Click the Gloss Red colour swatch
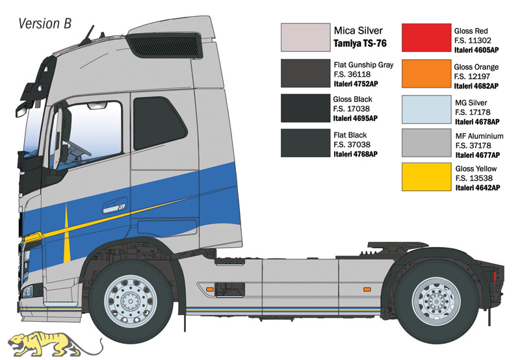pos(426,38)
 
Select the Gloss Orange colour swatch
pos(426,74)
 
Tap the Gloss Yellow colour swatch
pos(426,177)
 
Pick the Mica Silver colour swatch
pos(305,38)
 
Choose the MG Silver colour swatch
pos(426,110)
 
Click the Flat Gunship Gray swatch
pos(305,73)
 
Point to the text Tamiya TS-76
pos(360,44)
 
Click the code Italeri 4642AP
pos(478,188)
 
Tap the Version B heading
pos(45,23)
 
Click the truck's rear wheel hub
pos(436,302)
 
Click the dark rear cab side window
pos(160,123)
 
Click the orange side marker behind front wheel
pos(209,289)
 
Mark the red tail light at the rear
pos(495,276)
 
